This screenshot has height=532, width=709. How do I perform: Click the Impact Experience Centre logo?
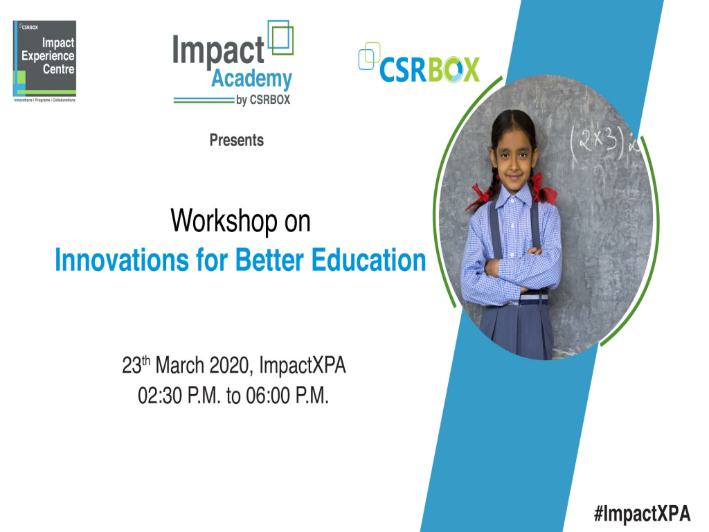point(44,61)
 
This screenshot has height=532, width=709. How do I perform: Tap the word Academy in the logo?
point(251,79)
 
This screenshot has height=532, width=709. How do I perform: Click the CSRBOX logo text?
point(429,70)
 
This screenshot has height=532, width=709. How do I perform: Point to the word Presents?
point(237,141)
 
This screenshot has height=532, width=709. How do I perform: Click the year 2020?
point(228,365)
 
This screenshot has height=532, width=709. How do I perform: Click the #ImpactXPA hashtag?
point(642,513)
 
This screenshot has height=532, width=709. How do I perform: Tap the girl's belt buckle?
point(534,299)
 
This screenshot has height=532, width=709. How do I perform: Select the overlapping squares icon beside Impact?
point(280,38)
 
